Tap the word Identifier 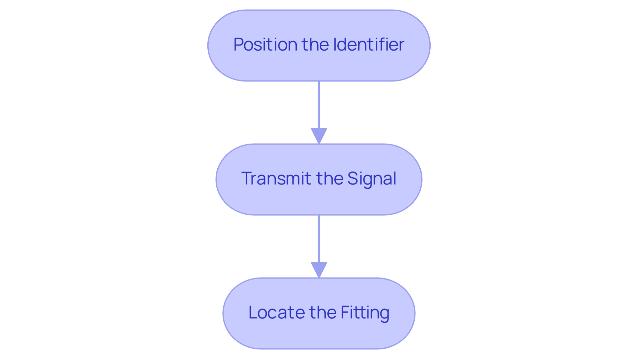[x=369, y=45]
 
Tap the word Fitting [x=365, y=313]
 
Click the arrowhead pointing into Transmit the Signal [x=319, y=136]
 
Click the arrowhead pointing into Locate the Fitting [x=319, y=270]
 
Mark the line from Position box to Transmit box [x=319, y=105]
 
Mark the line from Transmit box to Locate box [x=319, y=239]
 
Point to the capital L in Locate [x=253, y=313]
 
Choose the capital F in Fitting [x=345, y=313]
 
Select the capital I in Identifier [x=335, y=45]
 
